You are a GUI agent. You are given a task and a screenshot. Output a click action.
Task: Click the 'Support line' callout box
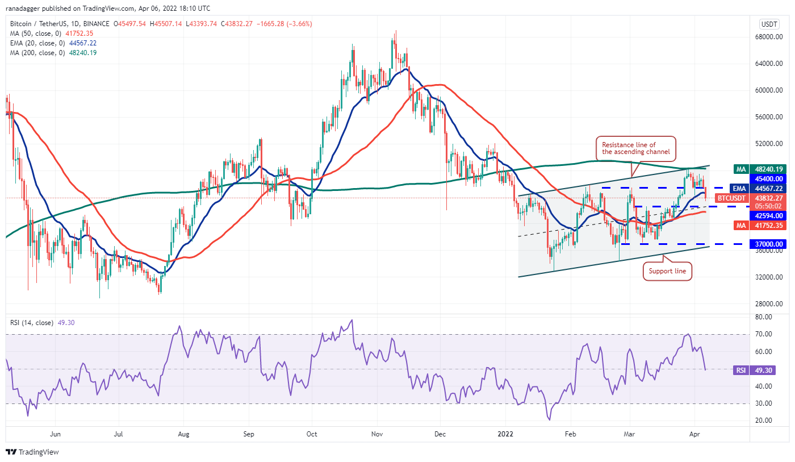point(668,272)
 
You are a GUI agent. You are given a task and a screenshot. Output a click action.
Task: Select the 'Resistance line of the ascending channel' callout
point(636,148)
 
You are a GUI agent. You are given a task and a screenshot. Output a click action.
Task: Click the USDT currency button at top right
point(768,24)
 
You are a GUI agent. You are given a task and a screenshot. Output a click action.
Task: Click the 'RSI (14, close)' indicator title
point(32,323)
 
